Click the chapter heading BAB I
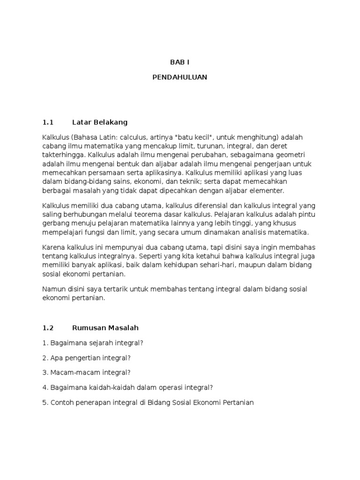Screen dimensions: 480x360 180,62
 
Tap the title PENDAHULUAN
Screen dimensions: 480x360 180,77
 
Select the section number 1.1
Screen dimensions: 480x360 48,122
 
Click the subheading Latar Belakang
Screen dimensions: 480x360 100,122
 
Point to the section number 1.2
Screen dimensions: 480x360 48,328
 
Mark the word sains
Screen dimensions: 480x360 130,182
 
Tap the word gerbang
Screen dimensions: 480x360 55,223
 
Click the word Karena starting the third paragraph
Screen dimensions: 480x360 52,247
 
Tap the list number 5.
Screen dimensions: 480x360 45,402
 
